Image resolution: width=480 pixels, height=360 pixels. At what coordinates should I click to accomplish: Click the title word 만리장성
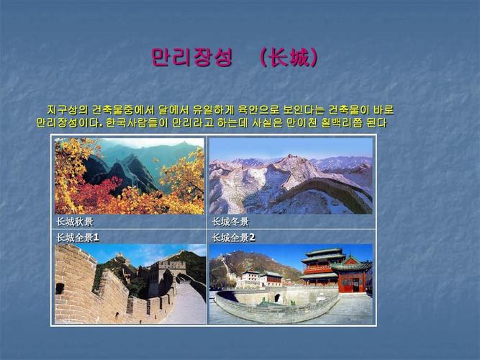point(192,58)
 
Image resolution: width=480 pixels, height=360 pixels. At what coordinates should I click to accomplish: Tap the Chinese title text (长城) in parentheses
point(289,58)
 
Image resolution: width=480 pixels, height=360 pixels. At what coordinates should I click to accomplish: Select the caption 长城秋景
point(75,222)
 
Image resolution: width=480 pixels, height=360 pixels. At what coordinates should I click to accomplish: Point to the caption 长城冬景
point(230,222)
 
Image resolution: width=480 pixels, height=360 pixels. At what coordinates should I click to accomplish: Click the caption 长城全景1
point(78,238)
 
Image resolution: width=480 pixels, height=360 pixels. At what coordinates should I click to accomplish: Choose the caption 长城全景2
point(233,238)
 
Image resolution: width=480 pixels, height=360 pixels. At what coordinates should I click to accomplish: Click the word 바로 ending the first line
point(384,110)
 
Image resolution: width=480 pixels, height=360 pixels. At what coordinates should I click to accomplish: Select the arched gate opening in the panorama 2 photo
point(277,297)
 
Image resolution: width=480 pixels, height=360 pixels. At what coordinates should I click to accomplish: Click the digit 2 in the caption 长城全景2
point(252,238)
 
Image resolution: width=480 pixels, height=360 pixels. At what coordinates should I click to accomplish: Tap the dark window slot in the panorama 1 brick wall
point(60,288)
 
